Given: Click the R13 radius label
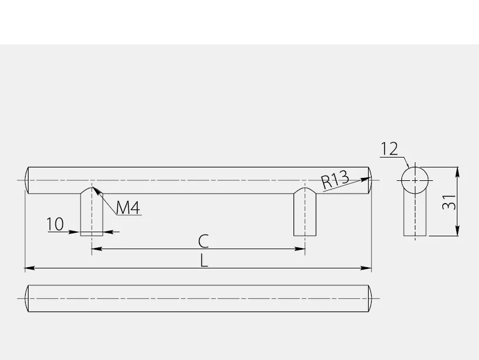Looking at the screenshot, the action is (x=335, y=180).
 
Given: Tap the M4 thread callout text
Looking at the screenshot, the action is (x=128, y=208).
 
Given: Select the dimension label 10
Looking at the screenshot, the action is (x=55, y=224).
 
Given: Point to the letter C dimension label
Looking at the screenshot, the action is (x=204, y=241).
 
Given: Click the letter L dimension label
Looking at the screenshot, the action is (x=204, y=261).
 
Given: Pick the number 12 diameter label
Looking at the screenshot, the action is (x=390, y=149).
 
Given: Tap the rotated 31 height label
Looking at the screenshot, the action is (x=449, y=202).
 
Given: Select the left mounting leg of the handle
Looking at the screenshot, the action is (x=92, y=212).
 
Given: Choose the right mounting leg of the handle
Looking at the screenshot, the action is (x=305, y=212).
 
